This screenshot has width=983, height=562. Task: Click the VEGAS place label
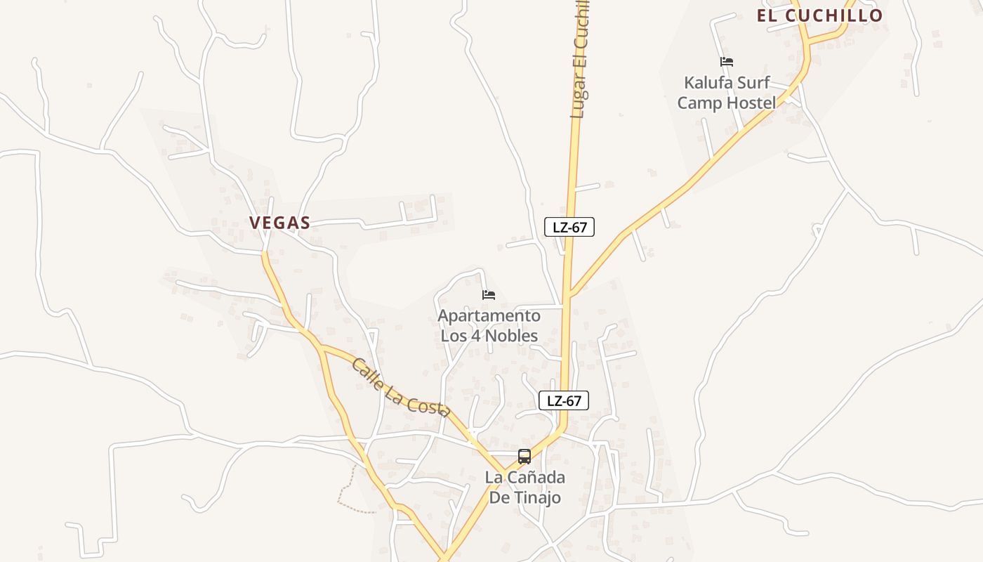click(x=279, y=223)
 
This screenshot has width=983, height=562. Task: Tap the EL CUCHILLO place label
click(x=819, y=15)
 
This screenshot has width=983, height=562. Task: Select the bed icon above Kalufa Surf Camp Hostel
click(x=727, y=63)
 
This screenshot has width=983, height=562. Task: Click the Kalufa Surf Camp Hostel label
click(x=727, y=93)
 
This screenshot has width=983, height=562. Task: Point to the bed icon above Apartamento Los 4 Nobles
click(x=489, y=295)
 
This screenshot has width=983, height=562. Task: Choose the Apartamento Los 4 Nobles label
click(x=489, y=325)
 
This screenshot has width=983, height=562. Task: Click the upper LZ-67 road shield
click(x=569, y=227)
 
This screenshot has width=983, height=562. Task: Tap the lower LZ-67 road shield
click(x=564, y=401)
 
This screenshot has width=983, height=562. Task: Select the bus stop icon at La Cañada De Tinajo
click(x=525, y=457)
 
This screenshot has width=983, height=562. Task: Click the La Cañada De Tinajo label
click(x=525, y=488)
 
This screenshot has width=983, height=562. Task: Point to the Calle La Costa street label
click(x=400, y=388)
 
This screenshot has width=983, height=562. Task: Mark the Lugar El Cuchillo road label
click(x=580, y=60)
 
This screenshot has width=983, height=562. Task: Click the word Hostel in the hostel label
click(x=751, y=103)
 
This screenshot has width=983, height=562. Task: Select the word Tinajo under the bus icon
click(x=536, y=498)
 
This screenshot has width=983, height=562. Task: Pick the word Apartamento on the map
click(x=489, y=316)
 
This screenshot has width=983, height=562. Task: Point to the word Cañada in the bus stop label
click(x=539, y=478)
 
